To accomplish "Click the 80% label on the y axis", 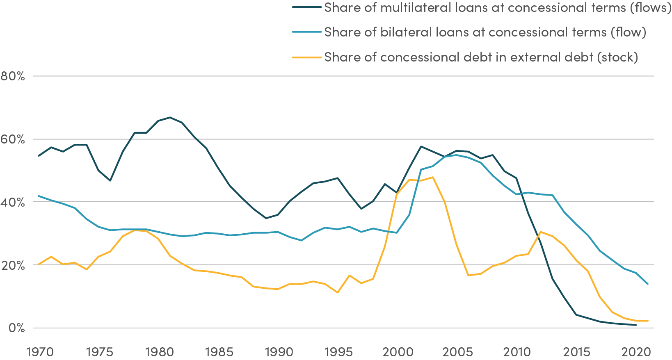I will coord(13,76).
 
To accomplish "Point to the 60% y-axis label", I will coord(13,139).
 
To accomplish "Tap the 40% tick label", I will coord(13,202).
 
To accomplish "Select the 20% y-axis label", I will coord(13,265).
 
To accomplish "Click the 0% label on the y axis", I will coord(16,328).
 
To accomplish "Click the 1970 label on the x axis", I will coord(40,352).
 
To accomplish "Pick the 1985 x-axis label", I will coord(219,352).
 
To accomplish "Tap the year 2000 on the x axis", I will coord(398,352).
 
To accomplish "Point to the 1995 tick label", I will coord(338,352).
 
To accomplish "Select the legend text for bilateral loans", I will coord(485,32).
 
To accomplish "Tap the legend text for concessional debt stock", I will coord(481,57).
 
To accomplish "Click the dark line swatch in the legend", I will coord(306,7).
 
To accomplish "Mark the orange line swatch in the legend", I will coord(306,57).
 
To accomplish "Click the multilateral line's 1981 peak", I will coord(170,117).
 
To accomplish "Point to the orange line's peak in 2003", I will coord(433,177).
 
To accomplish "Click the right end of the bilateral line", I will coord(648,284).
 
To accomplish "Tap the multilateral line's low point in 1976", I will coord(110,180).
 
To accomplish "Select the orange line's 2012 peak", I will coord(540,232).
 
